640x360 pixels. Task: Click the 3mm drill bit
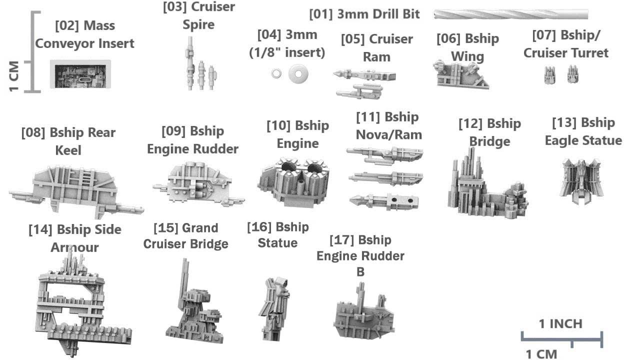[511, 14]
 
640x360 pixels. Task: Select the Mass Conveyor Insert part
[80, 74]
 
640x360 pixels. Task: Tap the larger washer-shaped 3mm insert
[298, 74]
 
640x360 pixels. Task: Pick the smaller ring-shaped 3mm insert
[276, 73]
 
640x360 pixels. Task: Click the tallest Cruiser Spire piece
[189, 63]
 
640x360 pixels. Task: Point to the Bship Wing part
[460, 74]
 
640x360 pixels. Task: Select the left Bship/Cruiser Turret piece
[549, 75]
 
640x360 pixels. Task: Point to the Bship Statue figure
[274, 308]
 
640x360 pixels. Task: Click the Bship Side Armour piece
[83, 303]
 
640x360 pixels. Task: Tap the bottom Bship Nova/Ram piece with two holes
[384, 201]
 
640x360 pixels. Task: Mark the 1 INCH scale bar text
[560, 323]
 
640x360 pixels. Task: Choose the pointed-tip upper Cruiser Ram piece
[364, 75]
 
